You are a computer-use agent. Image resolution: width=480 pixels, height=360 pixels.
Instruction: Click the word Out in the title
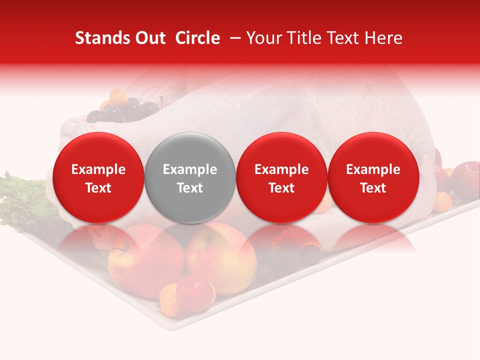coord(149,38)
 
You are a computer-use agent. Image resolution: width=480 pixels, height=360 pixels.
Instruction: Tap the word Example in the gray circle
coord(190,169)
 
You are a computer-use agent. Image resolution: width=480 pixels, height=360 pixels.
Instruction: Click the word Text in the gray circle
coord(190,188)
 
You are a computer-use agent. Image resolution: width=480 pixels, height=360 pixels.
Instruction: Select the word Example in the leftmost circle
coord(98,169)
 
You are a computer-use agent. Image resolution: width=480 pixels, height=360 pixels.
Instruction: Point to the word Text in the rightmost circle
coord(373,188)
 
